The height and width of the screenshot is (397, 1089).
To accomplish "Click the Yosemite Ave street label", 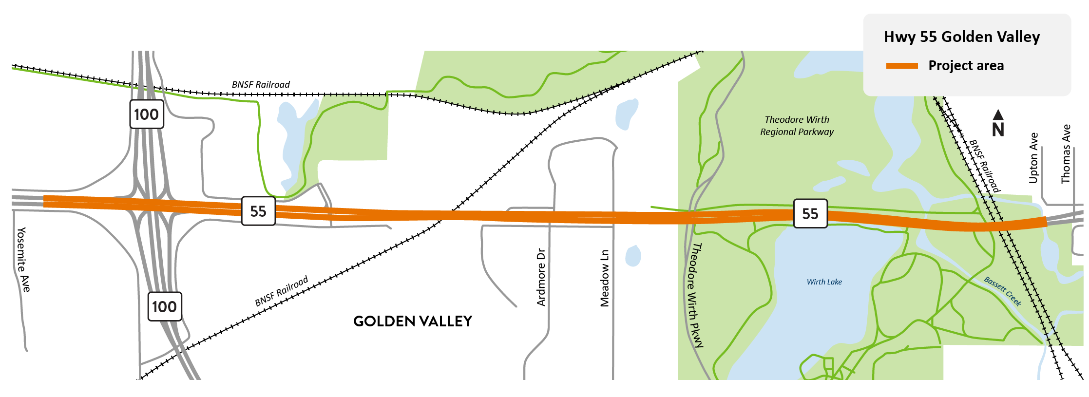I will (23, 259).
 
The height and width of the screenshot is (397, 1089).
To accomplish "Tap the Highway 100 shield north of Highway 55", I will (147, 114).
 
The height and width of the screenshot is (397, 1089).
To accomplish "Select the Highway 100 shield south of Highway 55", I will (165, 306).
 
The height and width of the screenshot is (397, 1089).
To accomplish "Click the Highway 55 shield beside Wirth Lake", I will (810, 213).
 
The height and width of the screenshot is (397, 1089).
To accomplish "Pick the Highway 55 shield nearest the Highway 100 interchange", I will (258, 211).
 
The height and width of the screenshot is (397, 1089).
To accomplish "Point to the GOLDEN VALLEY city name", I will (413, 321).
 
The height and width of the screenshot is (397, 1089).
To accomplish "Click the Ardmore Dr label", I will (541, 277).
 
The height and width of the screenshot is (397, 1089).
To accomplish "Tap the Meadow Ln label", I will (605, 278).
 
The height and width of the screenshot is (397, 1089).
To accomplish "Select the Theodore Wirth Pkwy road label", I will (694, 295).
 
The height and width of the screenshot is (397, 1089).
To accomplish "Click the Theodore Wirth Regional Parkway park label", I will (797, 126).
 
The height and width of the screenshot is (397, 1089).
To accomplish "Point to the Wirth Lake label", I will (824, 282).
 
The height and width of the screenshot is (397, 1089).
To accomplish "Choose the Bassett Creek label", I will (1002, 291).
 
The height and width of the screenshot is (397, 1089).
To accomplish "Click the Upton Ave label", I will (1033, 158).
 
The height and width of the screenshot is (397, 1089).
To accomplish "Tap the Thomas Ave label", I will (1066, 154).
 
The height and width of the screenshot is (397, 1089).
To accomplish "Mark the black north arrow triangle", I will (998, 114).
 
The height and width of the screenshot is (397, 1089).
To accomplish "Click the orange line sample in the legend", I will (901, 66).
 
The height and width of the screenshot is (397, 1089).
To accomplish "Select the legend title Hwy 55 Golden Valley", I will (961, 37).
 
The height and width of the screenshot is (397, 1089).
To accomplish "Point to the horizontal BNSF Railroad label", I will (261, 85).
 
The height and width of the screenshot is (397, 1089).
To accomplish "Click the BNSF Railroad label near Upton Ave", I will (984, 166).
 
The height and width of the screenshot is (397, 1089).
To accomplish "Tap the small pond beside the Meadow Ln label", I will (633, 256).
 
